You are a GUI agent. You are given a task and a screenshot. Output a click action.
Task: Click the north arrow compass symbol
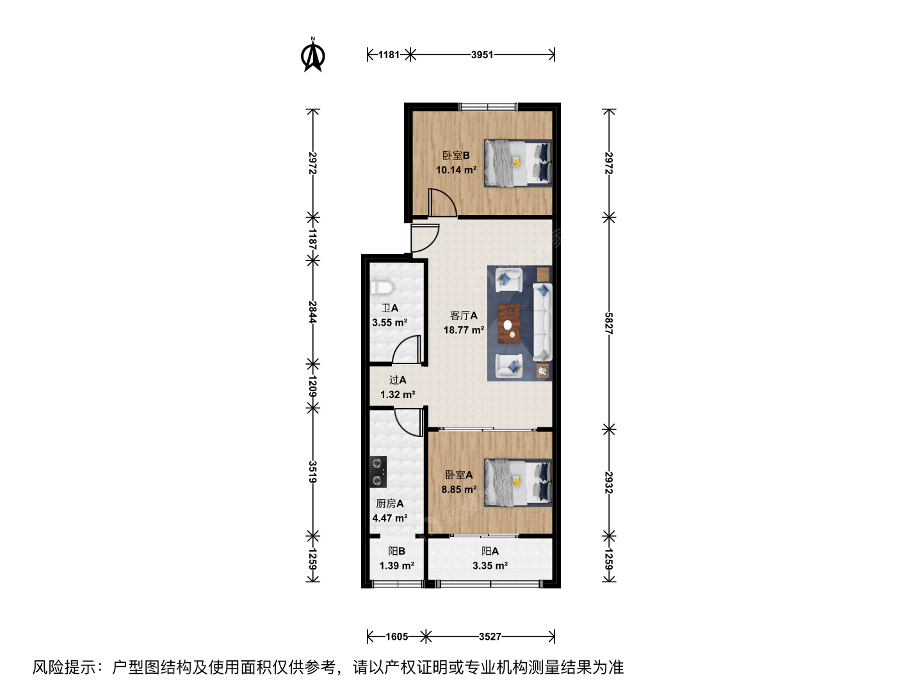pos(312,55)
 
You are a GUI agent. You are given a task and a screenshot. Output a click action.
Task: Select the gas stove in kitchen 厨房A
pos(378,472)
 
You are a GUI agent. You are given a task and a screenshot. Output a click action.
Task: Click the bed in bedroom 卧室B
pos(517,163)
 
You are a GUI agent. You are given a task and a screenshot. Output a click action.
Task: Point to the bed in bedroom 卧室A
pos(517,482)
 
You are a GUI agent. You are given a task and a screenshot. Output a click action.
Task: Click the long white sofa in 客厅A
pos(542,322)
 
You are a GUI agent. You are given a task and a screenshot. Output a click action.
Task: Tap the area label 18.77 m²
pos(464,330)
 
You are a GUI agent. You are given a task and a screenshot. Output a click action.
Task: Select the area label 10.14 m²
pos(456,170)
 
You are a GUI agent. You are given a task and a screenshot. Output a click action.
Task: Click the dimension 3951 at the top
pos(481,54)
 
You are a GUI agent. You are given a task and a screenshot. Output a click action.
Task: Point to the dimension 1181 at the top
pos(389,54)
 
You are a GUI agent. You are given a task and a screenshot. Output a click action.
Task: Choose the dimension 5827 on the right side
pos(609,323)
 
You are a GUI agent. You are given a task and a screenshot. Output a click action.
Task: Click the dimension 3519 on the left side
pos(312,472)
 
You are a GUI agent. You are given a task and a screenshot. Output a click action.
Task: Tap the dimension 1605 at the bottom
pos(396,637)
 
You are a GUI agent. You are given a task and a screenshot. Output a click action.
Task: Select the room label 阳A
pos(490,552)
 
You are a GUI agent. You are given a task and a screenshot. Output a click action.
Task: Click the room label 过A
pos(398,380)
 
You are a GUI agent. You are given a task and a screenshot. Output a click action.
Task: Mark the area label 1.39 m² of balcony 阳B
pos(396,566)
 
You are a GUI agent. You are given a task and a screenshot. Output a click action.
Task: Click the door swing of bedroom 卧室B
pos(442,203)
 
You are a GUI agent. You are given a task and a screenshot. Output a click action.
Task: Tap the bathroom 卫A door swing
pos(406,349)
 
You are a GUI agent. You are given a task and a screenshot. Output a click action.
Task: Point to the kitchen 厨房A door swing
pos(408,422)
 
